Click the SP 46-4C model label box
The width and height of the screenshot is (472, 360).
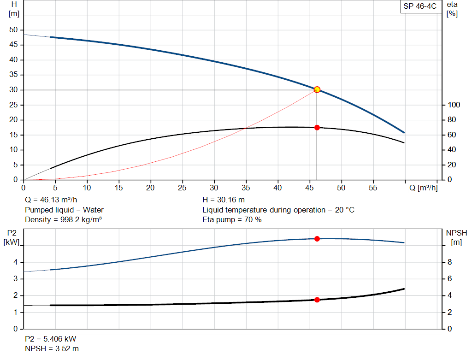(419, 6)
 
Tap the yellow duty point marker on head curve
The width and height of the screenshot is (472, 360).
(317, 89)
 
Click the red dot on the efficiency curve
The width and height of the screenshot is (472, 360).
(317, 128)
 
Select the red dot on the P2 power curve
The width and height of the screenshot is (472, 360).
(317, 239)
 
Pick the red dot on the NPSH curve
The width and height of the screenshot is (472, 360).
(317, 300)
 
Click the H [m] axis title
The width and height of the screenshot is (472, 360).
(14, 9)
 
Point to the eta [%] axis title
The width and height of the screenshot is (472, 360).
(452, 9)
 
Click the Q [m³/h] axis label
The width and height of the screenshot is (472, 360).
(423, 188)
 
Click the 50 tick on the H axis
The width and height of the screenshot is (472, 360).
(13, 30)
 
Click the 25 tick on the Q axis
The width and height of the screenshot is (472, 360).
(183, 188)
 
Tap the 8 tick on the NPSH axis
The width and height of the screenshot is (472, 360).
(449, 262)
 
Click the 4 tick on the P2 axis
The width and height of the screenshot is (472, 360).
(15, 262)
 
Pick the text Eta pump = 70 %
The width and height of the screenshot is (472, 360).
(232, 220)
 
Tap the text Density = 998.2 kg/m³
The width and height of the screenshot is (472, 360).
(63, 220)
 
